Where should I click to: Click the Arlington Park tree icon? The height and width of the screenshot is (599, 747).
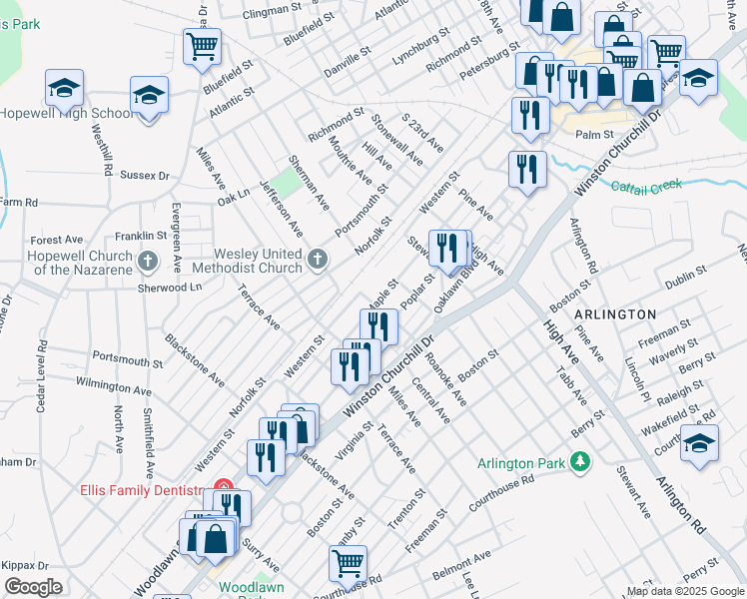579,462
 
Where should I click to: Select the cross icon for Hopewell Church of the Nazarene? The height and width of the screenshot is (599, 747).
149,263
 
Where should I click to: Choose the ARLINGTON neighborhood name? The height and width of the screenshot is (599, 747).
615,313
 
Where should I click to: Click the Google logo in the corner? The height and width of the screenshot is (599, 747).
33,587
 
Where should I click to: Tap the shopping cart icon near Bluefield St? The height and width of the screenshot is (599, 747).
202,45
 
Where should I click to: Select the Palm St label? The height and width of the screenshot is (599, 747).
593,134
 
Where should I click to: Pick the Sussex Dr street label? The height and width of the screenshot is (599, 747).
145,175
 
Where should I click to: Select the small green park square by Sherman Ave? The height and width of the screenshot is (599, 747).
288,182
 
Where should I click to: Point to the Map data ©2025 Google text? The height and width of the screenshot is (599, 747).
685,591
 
